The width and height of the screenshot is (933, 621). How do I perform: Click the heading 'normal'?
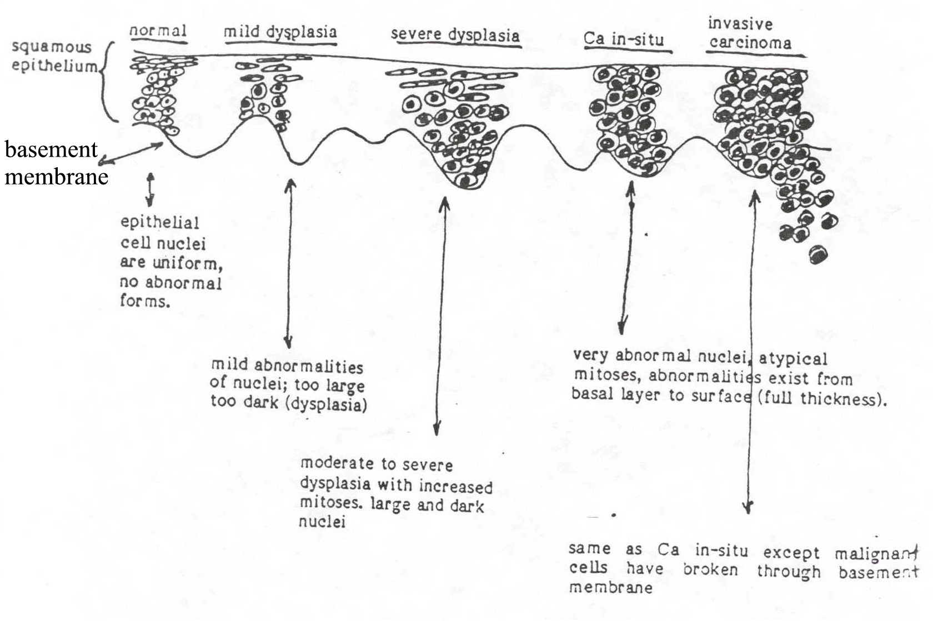tap(158, 31)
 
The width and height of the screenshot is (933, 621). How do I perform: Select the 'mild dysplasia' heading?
tap(280, 32)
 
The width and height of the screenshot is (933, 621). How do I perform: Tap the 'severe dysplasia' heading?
tap(455, 36)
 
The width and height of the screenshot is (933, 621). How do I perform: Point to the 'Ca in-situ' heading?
tap(624, 39)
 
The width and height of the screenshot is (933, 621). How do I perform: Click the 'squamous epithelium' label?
tap(54, 57)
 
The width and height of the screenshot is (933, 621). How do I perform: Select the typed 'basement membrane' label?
tap(56, 163)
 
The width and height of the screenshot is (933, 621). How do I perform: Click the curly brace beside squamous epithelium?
tap(109, 82)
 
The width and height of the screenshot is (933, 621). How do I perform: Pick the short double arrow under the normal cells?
tap(151, 189)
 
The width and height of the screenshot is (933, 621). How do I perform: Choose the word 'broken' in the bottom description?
tap(710, 569)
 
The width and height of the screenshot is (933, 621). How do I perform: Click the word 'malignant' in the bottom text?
tap(876, 554)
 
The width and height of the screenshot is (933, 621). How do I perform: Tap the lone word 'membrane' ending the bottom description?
tap(610, 587)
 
